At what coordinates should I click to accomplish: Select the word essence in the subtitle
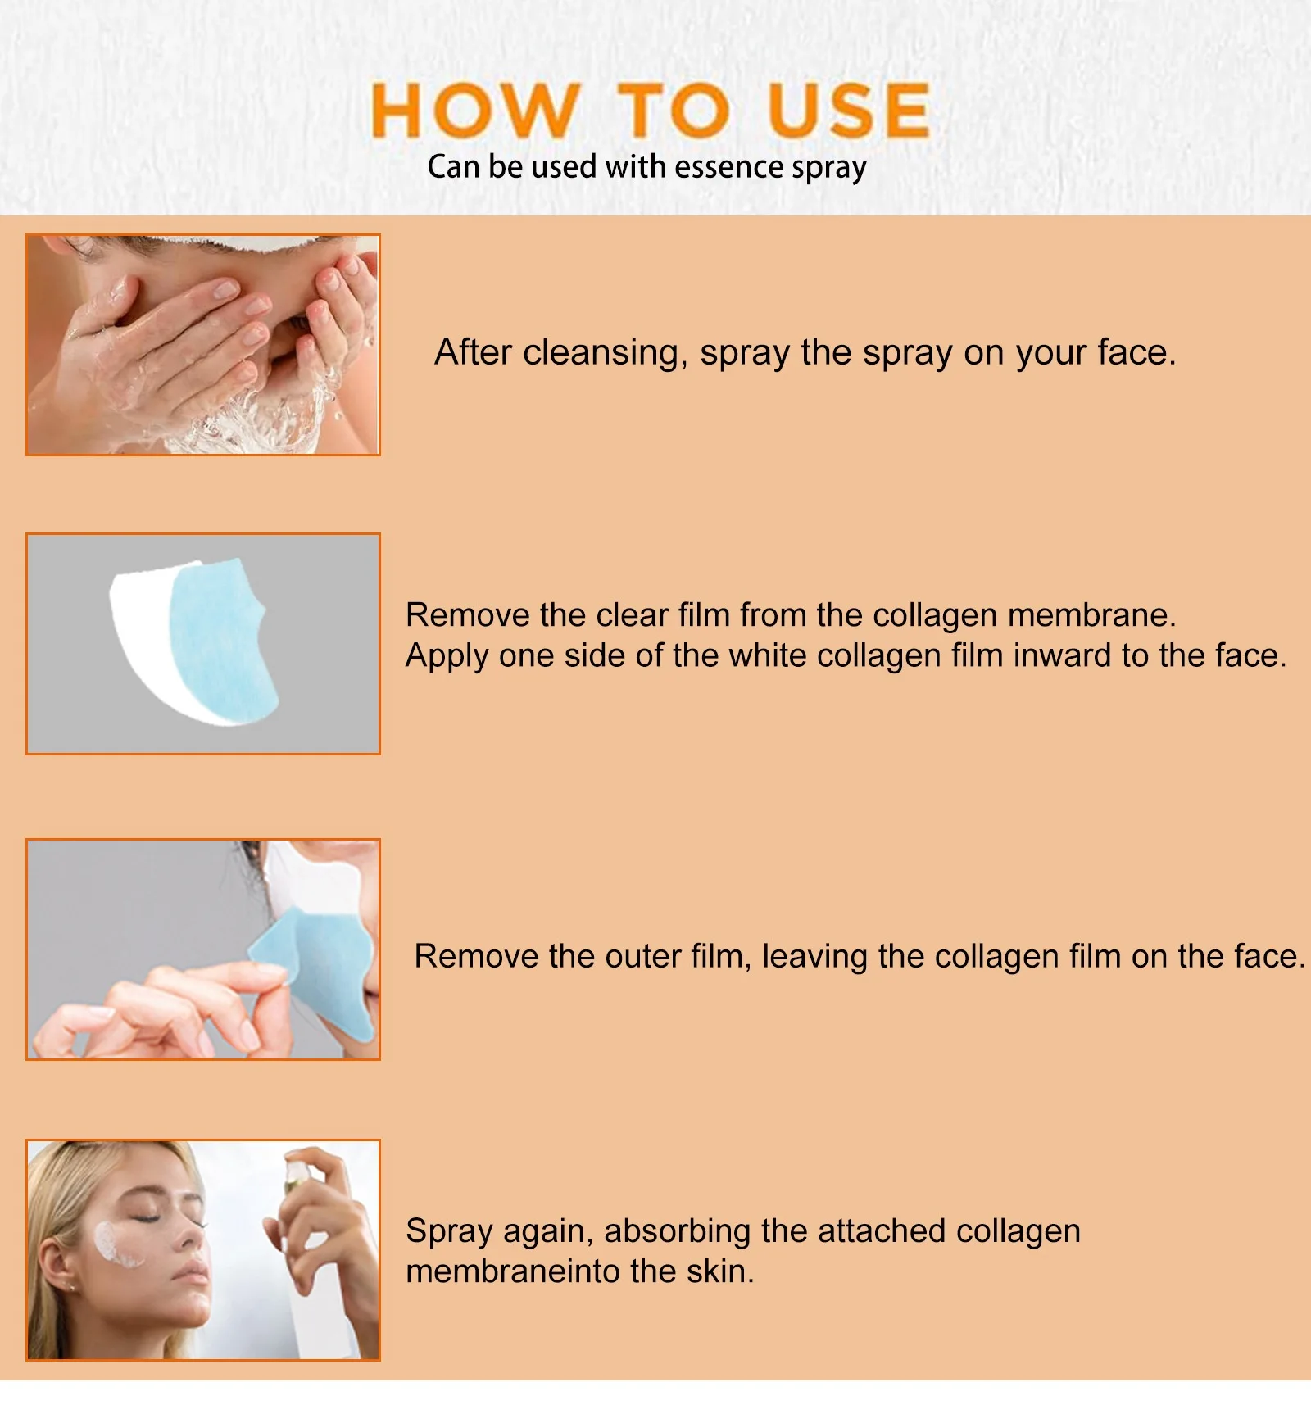729,166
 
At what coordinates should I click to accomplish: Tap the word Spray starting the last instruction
448,1232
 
